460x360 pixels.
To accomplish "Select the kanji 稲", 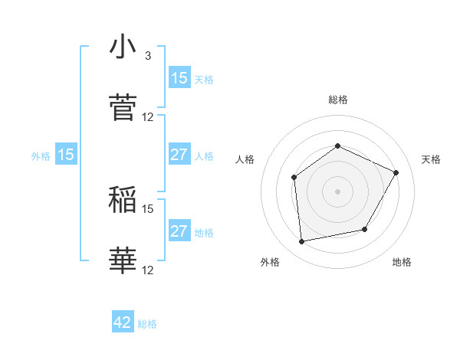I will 123,200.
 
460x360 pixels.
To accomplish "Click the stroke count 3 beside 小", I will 148,56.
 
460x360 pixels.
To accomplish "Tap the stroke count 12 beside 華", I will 148,270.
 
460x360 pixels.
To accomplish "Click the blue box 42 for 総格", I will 123,322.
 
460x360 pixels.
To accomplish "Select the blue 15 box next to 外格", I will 66,155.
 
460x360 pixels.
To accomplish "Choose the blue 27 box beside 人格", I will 179,155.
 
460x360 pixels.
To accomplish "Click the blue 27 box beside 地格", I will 179,231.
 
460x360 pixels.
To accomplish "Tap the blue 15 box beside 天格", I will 179,77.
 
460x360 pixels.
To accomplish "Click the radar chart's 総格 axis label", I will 338,100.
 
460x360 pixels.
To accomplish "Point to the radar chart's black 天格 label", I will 431,159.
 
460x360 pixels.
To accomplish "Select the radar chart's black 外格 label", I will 270,262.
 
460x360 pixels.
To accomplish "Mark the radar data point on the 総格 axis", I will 337,146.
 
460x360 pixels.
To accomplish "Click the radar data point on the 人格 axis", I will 294,178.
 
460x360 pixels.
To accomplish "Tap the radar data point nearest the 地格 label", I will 365,229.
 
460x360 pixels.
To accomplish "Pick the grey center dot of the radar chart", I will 337,191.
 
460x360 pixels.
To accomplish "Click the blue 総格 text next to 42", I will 147,324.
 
